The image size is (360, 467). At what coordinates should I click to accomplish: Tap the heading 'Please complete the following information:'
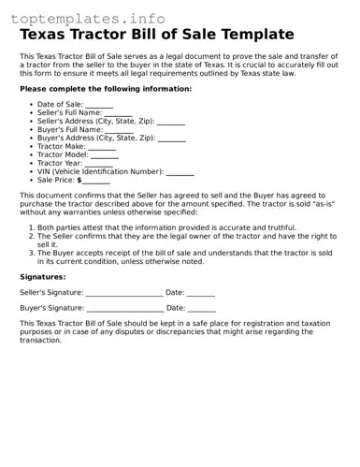(106, 89)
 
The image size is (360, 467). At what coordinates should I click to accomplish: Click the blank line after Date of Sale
(99, 105)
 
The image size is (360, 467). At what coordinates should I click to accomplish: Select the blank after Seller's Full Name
(118, 113)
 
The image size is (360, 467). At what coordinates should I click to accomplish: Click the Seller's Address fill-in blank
(170, 122)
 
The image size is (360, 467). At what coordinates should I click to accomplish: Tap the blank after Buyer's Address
(171, 138)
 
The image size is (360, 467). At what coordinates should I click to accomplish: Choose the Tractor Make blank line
(102, 147)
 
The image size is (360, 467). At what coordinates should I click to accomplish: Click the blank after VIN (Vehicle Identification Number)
(180, 172)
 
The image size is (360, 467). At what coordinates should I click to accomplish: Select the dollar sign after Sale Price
(79, 180)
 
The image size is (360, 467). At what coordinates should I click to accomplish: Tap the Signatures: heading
(43, 277)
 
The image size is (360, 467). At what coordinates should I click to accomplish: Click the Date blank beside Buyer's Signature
(201, 308)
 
